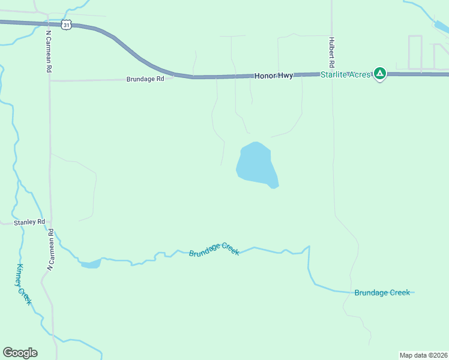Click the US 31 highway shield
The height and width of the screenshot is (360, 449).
coord(67,24)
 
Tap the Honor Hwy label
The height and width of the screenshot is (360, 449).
coord(274,76)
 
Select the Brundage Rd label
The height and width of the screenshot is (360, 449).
coord(145,79)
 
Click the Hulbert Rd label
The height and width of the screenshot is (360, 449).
coord(331,53)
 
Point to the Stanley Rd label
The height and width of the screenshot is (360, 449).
coord(32,221)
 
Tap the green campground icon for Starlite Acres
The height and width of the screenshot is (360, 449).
coord(379,73)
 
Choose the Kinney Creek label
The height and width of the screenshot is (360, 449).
coord(23,284)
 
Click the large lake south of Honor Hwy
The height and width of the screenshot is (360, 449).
coord(257,164)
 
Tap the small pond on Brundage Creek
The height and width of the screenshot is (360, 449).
coord(90,263)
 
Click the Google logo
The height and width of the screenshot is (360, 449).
coord(20,353)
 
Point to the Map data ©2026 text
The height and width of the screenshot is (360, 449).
coord(423,355)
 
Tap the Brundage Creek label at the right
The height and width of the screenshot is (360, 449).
coord(382,293)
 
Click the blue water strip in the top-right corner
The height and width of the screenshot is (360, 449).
coord(441,28)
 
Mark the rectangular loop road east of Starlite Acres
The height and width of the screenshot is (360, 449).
coord(415,52)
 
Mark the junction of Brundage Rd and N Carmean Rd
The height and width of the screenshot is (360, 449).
coord(50,80)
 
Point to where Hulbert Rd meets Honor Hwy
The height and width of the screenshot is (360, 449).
coord(332,74)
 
